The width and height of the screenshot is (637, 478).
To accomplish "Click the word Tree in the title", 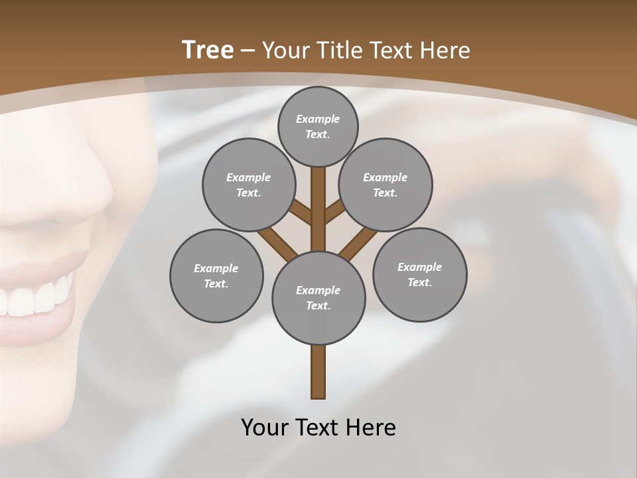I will point(208,50).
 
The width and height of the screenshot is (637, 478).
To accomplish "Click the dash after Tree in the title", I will point(248,51).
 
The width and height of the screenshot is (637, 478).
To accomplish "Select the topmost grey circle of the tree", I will point(318,126).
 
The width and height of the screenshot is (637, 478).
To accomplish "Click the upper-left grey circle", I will point(248,185).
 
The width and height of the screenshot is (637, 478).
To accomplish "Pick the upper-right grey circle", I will point(386,185).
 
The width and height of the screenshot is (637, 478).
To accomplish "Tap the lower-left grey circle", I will point(216,276).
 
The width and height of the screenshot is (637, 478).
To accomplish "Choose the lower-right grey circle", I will point(419,274).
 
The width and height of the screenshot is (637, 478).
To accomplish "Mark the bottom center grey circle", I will point(318,297).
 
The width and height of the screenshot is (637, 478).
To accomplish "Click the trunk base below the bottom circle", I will point(318,372).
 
